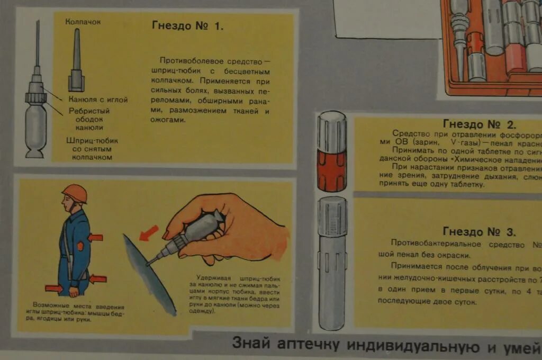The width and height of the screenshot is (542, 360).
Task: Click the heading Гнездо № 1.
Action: (x=187, y=26)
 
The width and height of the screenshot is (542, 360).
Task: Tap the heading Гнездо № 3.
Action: (x=479, y=232)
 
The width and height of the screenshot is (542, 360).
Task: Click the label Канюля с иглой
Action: (x=98, y=100)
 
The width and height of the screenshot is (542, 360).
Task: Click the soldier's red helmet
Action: (x=75, y=193)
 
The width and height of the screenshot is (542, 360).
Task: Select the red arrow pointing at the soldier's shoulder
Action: (x=96, y=237)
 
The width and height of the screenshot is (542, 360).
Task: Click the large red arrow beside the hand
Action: (x=149, y=232)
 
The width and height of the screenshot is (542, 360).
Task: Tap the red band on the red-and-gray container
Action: (x=331, y=170)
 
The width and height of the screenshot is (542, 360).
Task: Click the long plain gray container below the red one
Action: (x=332, y=262)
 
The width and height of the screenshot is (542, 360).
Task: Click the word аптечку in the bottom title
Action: (x=307, y=345)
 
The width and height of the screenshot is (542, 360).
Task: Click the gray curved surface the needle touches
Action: (x=149, y=275)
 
